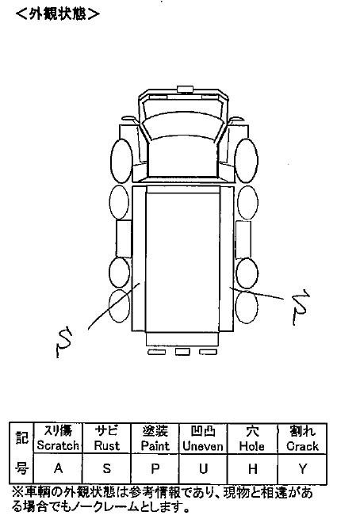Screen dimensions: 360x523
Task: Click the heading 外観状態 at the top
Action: coord(57,13)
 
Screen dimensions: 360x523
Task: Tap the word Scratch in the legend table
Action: coord(58,445)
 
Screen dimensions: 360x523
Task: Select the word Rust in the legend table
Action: coord(106,445)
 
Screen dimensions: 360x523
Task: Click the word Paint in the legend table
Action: coord(155,445)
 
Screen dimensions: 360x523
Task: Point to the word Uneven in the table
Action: coord(203,446)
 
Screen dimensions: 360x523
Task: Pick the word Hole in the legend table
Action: coord(252,446)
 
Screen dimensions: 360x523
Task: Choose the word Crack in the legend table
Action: coord(302,446)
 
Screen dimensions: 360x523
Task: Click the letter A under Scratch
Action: coord(58,468)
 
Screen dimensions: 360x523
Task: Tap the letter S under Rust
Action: coord(106,468)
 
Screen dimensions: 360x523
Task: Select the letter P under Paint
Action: coord(155,469)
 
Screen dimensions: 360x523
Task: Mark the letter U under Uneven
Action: coord(203,469)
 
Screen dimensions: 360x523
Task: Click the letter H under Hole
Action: coord(253,469)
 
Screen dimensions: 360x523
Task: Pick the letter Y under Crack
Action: coord(303,469)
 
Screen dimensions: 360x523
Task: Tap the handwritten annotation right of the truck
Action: coord(301,307)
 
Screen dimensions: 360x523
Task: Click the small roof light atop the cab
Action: coord(185,89)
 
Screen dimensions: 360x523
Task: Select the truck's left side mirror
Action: coord(129,119)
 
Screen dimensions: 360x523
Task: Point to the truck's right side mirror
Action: coord(237,119)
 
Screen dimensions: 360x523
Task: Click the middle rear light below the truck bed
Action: coord(182,352)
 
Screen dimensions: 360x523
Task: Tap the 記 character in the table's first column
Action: coord(21,437)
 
